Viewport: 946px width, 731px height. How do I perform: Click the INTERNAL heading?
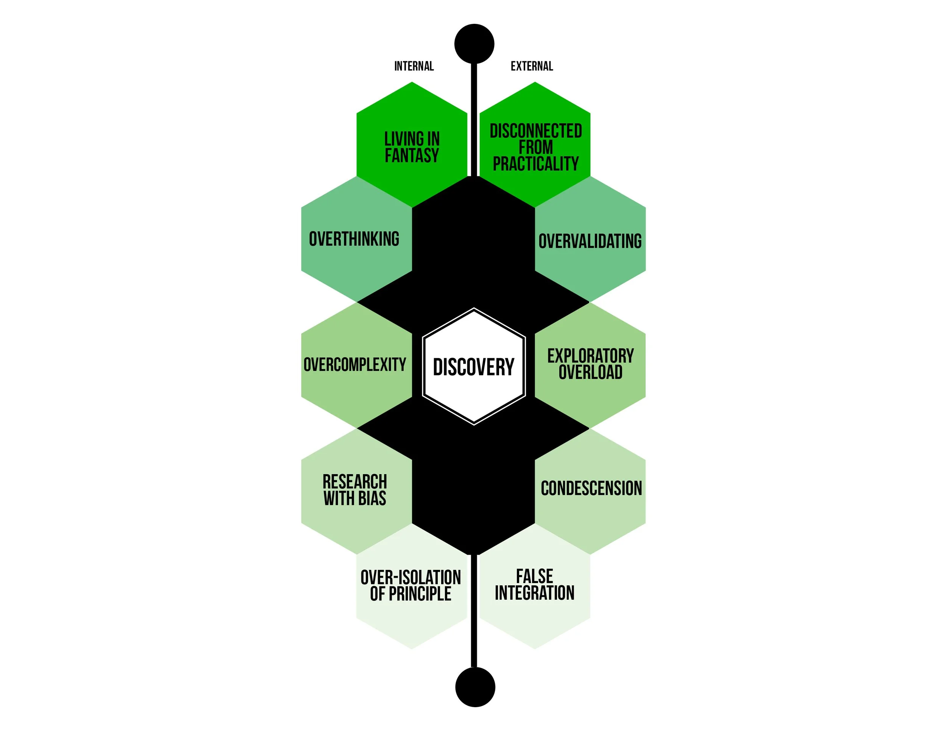tap(414, 66)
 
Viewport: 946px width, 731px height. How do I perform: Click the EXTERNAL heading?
tap(532, 66)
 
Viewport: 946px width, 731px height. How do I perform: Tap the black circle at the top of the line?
tap(474, 44)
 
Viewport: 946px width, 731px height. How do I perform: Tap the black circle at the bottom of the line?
tap(475, 687)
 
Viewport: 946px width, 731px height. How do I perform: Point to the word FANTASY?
tap(412, 156)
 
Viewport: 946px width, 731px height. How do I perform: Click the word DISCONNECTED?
tap(536, 131)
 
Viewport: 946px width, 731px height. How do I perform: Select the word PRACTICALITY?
tap(536, 164)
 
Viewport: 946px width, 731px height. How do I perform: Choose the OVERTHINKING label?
tap(354, 239)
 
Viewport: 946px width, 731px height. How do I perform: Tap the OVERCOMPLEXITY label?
tap(355, 365)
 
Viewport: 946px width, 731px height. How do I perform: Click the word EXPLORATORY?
tap(590, 356)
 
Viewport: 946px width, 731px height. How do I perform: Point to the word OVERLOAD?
tap(590, 372)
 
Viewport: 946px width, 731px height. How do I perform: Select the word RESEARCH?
tap(355, 482)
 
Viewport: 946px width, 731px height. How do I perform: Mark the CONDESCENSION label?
tap(591, 488)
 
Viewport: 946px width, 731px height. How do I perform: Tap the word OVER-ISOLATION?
tap(411, 577)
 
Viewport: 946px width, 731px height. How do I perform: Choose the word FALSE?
tap(535, 576)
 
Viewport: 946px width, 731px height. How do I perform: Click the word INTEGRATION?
tap(535, 593)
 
